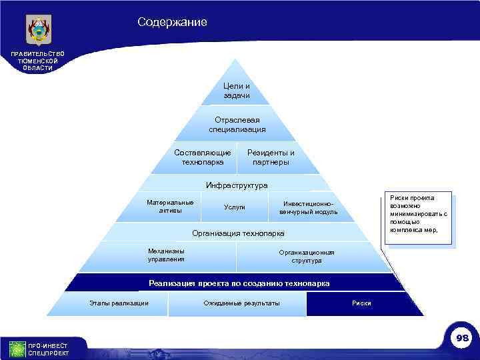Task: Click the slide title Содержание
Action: [172, 22]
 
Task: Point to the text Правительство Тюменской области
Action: [37, 61]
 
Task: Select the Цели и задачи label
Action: [237, 91]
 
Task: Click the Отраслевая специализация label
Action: [237, 125]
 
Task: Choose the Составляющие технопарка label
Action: [203, 157]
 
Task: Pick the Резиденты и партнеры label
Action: [271, 157]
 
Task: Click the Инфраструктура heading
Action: [237, 185]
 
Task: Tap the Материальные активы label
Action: [170, 207]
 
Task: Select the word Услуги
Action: [234, 207]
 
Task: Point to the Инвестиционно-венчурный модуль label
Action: [308, 207]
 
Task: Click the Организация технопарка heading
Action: [238, 233]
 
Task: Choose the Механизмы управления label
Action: [166, 255]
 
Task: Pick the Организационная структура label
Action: [307, 256]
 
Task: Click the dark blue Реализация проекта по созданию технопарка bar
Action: [239, 283]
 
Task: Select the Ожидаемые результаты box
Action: [241, 304]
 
